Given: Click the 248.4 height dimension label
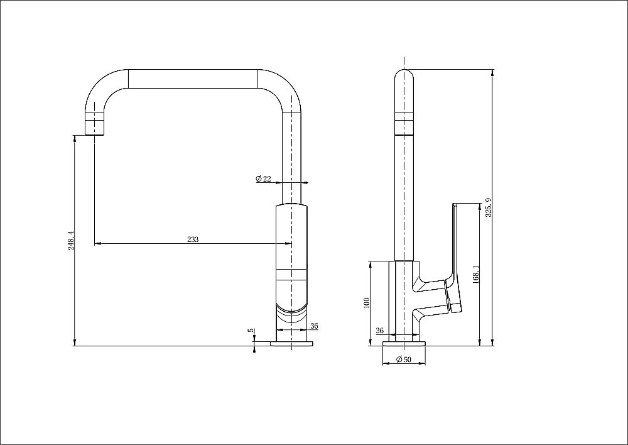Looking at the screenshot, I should point(71,241).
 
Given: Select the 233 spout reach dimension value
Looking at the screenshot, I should point(193,239).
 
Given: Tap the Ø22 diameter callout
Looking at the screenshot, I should point(263,179).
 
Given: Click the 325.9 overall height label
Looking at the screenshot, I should point(488,207).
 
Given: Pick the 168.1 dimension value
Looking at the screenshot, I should point(477,275).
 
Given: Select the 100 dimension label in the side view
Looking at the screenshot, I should point(366,303).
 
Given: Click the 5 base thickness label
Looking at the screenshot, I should point(250,330).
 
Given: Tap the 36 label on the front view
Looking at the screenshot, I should point(314,326).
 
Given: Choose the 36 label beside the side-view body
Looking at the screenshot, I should point(379,331).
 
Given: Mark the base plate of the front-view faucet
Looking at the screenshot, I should point(292,344).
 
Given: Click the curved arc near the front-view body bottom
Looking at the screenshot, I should point(292,309).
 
